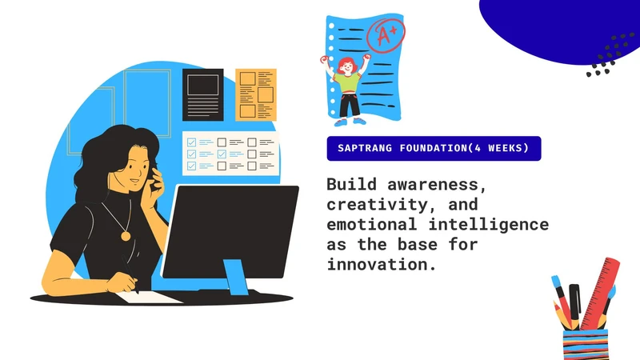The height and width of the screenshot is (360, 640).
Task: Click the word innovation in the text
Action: pos(381,264)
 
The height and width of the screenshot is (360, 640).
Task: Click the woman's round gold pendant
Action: pos(126,235)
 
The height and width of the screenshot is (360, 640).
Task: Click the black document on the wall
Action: pos(202,94)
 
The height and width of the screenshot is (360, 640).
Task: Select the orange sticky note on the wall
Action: pos(255,94)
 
